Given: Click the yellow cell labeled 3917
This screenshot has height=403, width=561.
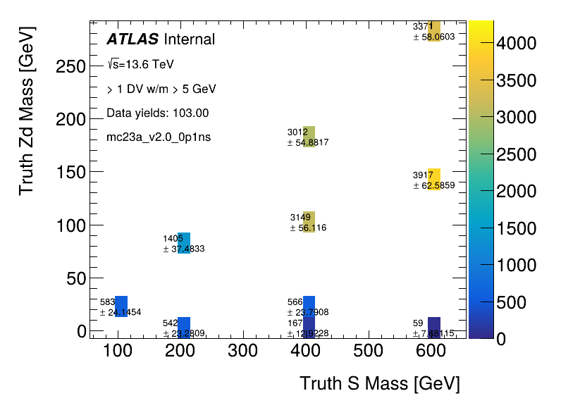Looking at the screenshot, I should click(434, 180).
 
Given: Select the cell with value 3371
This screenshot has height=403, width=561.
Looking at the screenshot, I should click(434, 31).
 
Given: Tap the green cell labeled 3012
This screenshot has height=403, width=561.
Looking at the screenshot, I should click(309, 137).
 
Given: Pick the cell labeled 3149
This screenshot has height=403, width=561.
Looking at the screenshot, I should click(309, 222).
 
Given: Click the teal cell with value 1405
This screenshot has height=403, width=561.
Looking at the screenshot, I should click(184, 243).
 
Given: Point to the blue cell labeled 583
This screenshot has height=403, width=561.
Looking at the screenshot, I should click(121, 306).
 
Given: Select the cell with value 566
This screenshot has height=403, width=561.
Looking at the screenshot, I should click(309, 306).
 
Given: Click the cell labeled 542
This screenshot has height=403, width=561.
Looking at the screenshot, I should click(184, 328).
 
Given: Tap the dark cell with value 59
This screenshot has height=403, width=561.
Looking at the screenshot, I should click(434, 328).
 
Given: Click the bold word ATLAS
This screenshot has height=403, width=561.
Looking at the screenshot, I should click(132, 39).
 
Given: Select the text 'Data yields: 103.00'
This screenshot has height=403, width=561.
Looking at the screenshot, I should click(157, 113).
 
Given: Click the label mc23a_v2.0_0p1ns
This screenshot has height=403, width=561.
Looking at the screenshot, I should click(158, 137).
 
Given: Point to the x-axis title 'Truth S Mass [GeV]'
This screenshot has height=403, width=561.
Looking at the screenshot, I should click(379, 384).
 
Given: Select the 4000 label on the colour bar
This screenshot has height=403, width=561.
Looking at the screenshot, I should click(517, 44).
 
